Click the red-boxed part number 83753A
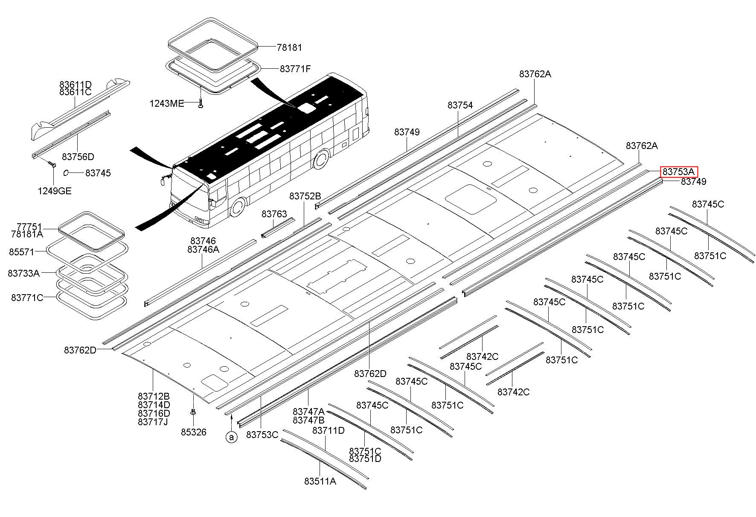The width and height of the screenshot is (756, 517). coord(679,172)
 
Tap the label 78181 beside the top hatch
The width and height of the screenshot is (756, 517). coord(289,48)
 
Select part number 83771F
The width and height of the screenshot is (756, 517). coord(295,69)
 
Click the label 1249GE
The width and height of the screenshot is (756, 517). coord(55,191)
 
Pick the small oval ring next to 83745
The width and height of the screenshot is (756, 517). coord(66,172)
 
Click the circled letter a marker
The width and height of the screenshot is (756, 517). coord(231,437)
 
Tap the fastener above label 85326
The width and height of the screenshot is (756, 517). coord(193,412)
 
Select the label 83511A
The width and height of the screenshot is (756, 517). coord(320,481)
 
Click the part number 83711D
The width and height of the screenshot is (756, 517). coord(329,430)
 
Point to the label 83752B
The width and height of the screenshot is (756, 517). coord(305,196)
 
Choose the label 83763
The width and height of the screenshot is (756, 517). coord(274,214)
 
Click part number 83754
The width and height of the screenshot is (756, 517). coord(460,105)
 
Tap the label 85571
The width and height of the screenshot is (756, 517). coord(21,252)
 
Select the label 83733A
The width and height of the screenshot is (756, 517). coord(23,273)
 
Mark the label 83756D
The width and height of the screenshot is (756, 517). coord(78,157)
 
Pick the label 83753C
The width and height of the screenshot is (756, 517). coord(262,435)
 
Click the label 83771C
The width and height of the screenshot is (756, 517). coord(27,298)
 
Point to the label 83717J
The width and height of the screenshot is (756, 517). coord(153,422)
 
